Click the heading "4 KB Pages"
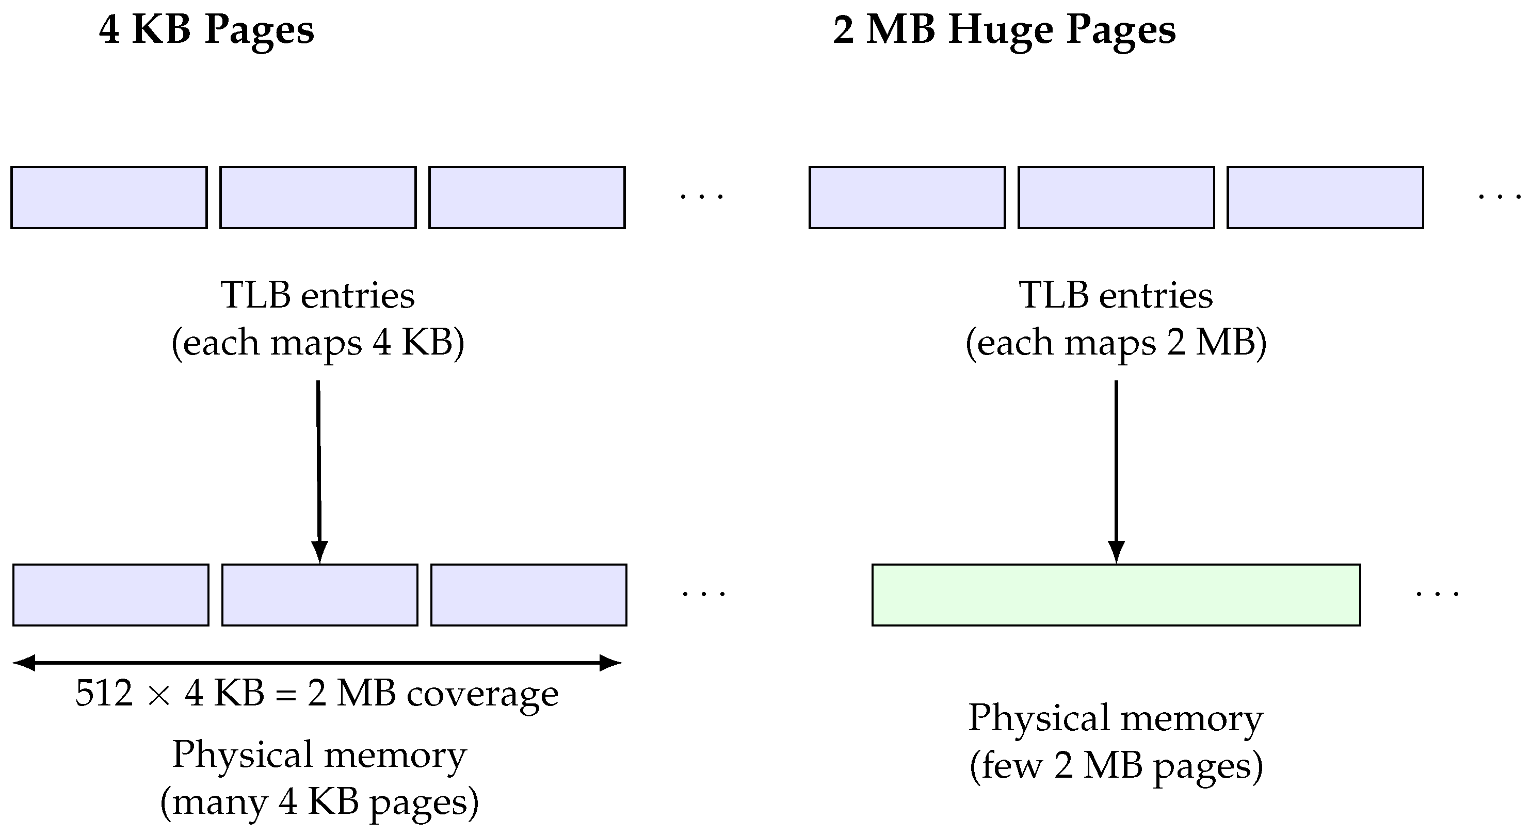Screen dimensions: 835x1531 pyautogui.click(x=206, y=30)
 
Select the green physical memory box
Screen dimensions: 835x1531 pyautogui.click(x=1116, y=595)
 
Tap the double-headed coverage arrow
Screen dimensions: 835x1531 pyautogui.click(x=317, y=662)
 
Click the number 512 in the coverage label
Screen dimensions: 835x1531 pyautogui.click(x=104, y=694)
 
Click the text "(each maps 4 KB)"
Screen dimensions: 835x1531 pyautogui.click(x=318, y=343)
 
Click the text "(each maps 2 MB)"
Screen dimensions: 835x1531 pyautogui.click(x=1116, y=343)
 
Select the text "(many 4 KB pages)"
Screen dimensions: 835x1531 pyautogui.click(x=319, y=802)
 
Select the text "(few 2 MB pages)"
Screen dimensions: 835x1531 pyautogui.click(x=1116, y=765)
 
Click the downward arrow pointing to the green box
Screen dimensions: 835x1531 pyautogui.click(x=1116, y=463)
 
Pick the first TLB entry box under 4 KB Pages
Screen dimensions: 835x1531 pyautogui.click(x=109, y=197)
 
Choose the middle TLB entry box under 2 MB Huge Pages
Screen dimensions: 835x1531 pyautogui.click(x=1116, y=197)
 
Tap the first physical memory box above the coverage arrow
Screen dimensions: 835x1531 pyautogui.click(x=111, y=595)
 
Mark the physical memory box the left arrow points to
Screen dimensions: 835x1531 pyautogui.click(x=320, y=595)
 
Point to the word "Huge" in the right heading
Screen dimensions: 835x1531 pyautogui.click(x=1000, y=30)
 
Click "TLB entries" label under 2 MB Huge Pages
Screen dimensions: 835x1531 pyautogui.click(x=1116, y=295)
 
